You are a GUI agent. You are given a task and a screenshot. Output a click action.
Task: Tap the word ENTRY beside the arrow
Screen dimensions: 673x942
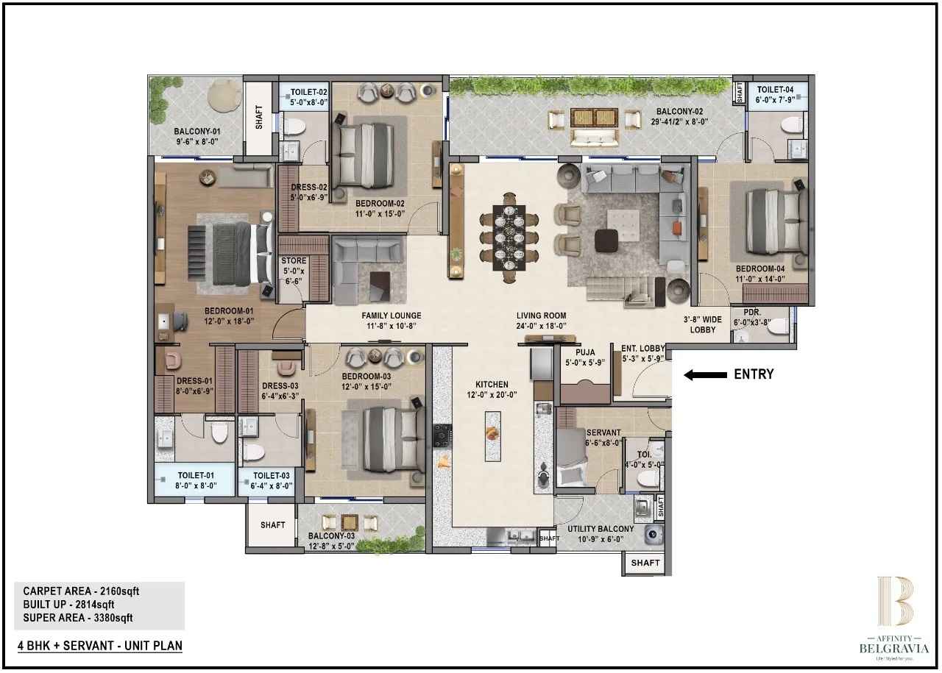pos(754,374)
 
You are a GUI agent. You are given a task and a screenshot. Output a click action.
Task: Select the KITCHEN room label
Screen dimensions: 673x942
pos(492,385)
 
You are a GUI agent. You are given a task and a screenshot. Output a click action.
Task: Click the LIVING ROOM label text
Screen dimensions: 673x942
pos(541,316)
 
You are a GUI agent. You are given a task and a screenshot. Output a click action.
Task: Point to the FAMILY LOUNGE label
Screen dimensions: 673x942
pos(391,316)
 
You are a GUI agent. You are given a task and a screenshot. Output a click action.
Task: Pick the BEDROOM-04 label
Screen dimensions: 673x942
pos(760,269)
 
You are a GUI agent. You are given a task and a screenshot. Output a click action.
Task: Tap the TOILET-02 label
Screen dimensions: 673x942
pos(308,93)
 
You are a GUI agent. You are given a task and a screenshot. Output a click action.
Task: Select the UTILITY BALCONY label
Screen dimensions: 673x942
pos(601,529)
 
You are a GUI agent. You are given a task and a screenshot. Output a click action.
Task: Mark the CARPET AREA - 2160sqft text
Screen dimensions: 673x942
pos(81,591)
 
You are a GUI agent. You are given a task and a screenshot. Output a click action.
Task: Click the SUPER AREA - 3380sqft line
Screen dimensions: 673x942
pos(78,618)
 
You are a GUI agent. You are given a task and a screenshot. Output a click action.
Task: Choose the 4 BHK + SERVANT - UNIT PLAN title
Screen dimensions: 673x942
pos(100,646)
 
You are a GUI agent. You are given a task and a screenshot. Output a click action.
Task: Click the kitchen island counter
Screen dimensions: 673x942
pos(492,435)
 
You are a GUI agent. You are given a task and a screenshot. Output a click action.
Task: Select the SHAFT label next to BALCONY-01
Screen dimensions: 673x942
pos(259,118)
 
